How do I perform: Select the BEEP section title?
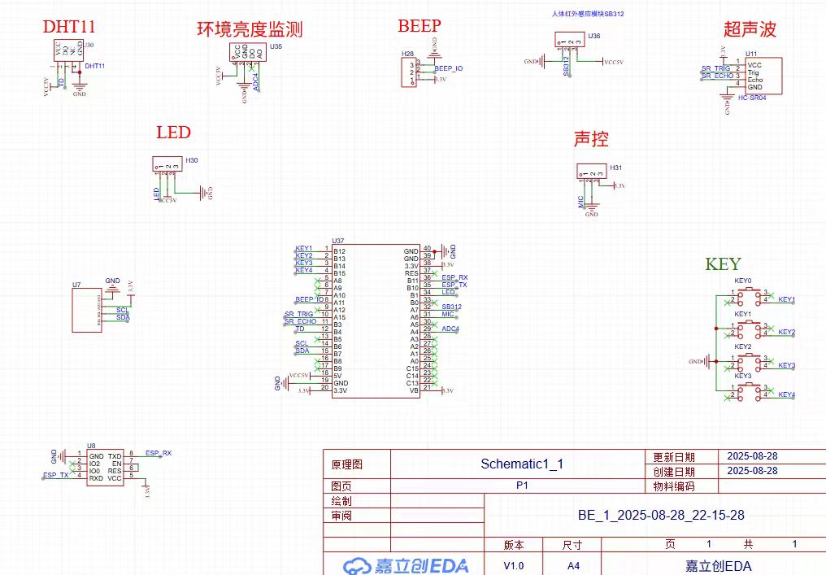(x=419, y=26)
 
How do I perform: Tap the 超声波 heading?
(x=750, y=30)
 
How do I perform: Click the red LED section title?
(x=173, y=132)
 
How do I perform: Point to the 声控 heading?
(x=591, y=139)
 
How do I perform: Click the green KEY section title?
(x=723, y=264)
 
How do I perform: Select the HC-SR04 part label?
(x=753, y=98)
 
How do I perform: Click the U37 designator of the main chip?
(x=339, y=241)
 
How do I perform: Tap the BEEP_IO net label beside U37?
(x=310, y=300)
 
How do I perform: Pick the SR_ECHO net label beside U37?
(x=300, y=321)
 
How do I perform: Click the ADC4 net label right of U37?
(x=450, y=329)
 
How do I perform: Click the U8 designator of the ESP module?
(x=91, y=445)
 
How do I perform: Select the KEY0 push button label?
(x=743, y=281)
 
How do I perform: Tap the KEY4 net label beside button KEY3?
(x=786, y=394)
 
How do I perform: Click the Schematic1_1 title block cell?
(x=522, y=464)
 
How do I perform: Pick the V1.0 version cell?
(x=514, y=565)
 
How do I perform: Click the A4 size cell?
(x=573, y=565)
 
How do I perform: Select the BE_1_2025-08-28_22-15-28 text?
(x=661, y=515)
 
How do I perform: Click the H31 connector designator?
(x=617, y=168)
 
